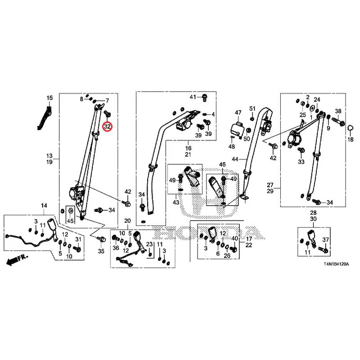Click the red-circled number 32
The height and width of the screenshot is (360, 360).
tap(108, 126)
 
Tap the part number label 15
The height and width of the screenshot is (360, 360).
tap(49, 98)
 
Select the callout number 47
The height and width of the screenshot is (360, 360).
tap(238, 112)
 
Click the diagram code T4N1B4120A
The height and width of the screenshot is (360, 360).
tap(336, 264)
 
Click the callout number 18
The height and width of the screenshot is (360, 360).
tap(351, 139)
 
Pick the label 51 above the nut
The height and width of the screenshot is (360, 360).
tap(252, 108)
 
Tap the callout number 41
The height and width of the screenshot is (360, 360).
tap(193, 97)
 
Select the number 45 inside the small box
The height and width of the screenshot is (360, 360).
tap(70, 221)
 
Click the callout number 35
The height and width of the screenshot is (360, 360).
tap(101, 251)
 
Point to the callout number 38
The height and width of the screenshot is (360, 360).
tap(338, 111)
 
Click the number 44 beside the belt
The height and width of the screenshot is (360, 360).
tap(235, 159)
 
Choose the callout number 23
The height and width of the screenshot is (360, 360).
tap(149, 244)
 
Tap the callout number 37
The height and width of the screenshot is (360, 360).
tap(325, 240)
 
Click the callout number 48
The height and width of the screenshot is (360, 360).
tap(232, 146)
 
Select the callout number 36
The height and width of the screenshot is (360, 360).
tap(116, 248)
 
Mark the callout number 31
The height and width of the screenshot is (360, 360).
tap(78, 239)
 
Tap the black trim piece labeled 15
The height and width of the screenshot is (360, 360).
tap(45, 117)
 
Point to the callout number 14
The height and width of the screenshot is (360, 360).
tap(44, 206)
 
